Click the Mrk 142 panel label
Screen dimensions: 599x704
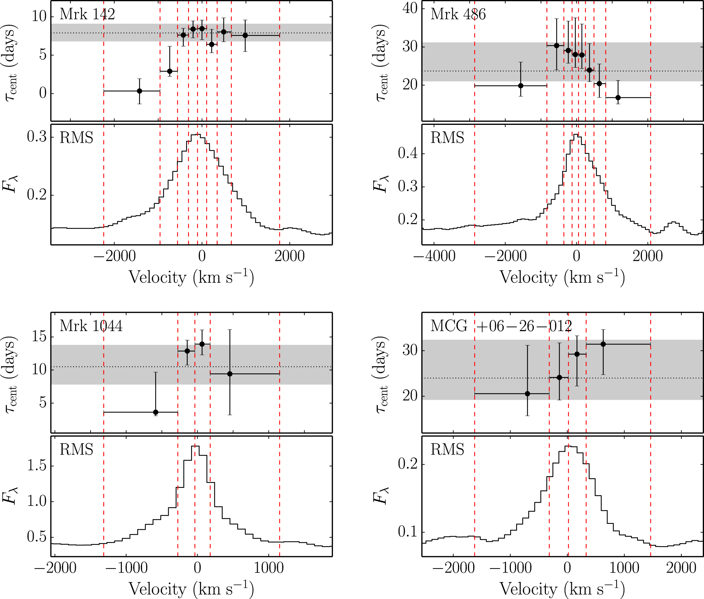tap(87, 14)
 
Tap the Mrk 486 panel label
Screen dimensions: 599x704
tap(458, 14)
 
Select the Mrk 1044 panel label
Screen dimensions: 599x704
tap(91, 326)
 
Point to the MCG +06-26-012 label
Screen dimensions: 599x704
tap(501, 326)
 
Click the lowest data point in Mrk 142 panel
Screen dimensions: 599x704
tap(139, 91)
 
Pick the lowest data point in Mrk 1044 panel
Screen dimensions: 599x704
tap(156, 412)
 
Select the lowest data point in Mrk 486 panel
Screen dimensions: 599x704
tap(618, 98)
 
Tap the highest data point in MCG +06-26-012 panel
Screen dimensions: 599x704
tap(603, 344)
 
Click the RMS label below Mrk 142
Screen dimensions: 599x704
tap(76, 138)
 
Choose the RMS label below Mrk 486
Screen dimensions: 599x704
tap(447, 138)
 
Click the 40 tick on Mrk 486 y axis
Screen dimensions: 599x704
tap(410, 8)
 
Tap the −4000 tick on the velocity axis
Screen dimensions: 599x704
tap(435, 256)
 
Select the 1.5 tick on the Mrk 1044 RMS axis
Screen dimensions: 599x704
tap(37, 466)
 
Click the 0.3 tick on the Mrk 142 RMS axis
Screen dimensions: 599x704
tap(37, 137)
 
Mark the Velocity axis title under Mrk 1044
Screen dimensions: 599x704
tap(191, 589)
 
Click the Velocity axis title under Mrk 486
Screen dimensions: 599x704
tap(562, 277)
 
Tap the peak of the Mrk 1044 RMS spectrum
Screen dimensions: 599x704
tap(195, 446)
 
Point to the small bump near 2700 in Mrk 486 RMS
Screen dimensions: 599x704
tap(674, 222)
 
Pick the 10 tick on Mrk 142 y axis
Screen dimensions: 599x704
tap(39, 16)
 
